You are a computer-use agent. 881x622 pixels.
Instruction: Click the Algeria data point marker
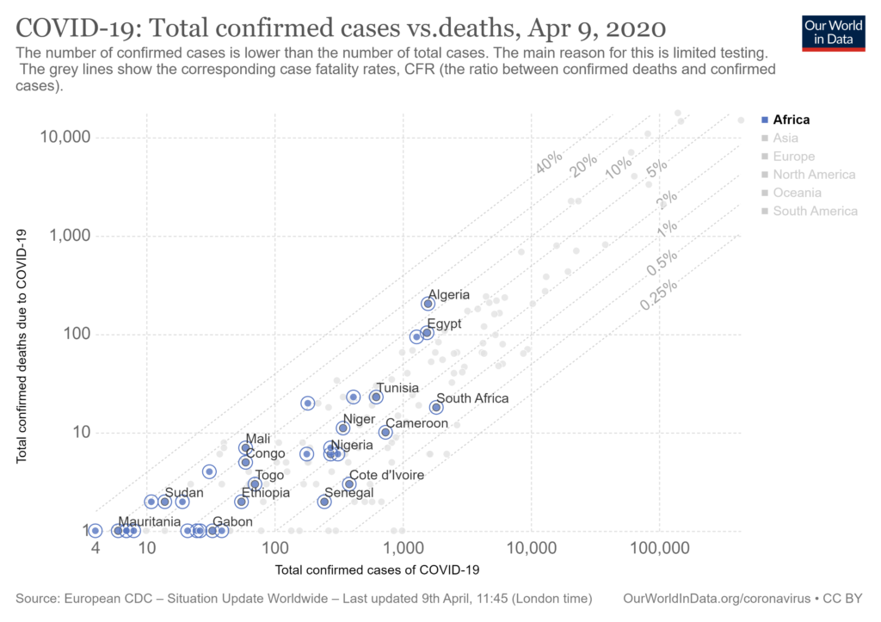tap(428, 304)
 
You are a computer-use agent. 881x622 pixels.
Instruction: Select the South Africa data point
tap(436, 407)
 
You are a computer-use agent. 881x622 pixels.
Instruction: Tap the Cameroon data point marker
tap(385, 432)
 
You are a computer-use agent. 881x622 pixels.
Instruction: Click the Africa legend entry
tap(791, 120)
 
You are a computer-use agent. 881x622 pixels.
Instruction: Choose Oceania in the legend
tap(797, 193)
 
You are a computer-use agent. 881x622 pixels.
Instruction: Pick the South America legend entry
tap(815, 211)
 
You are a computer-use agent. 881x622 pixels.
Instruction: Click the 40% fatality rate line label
tap(548, 161)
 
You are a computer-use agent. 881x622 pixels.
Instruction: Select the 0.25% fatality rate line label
tap(658, 295)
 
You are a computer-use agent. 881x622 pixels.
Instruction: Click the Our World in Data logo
tap(833, 32)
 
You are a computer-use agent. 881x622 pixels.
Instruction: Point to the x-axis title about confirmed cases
tap(377, 570)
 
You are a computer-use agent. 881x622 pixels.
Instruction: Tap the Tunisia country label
tap(397, 388)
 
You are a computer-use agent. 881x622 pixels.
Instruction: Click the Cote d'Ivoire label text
tap(385, 475)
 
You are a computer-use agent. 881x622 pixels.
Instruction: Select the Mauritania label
tap(150, 521)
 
